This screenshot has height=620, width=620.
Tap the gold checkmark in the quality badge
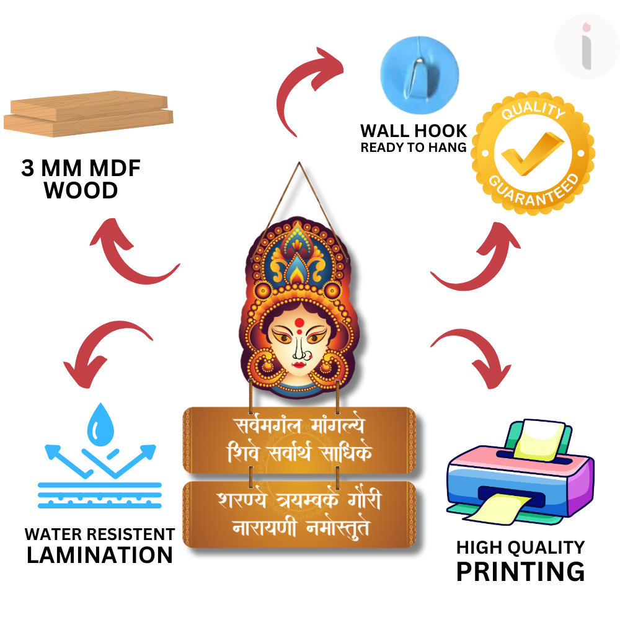coord(532,154)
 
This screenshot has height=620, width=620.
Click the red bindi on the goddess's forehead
coord(299,322)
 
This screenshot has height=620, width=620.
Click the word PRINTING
coord(520,571)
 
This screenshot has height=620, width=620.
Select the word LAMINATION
coord(99,555)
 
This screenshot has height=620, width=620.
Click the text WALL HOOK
coord(414,131)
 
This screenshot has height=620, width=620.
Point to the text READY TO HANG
coord(414,148)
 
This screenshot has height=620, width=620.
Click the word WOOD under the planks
coord(81,191)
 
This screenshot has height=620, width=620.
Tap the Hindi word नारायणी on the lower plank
coord(263,529)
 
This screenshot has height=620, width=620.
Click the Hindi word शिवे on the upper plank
coord(245,454)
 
